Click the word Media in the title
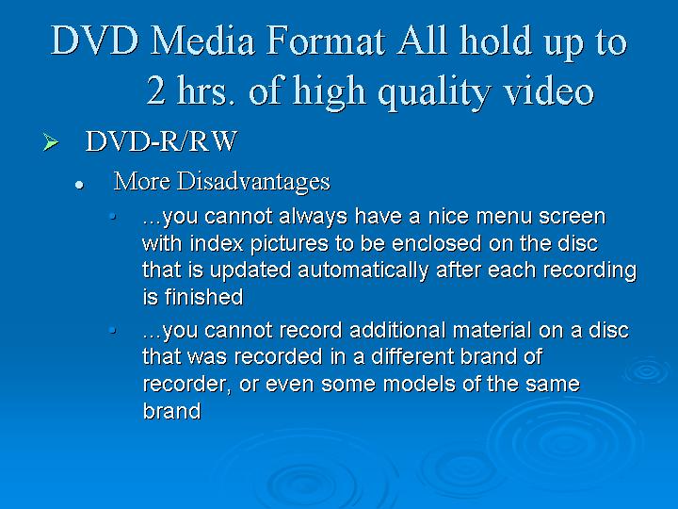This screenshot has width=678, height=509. pyautogui.click(x=202, y=41)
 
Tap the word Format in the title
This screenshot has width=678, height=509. pyautogui.click(x=325, y=41)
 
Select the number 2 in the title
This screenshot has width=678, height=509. pyautogui.click(x=155, y=90)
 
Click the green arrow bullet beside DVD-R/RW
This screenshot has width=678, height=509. pyautogui.click(x=51, y=142)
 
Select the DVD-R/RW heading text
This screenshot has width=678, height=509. pyautogui.click(x=161, y=141)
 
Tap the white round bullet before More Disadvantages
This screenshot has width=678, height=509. pyautogui.click(x=79, y=186)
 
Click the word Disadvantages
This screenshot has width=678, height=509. pyautogui.click(x=253, y=182)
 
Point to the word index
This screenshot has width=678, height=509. pyautogui.click(x=217, y=243)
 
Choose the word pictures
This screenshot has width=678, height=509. pyautogui.click(x=289, y=245)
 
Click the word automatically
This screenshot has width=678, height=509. pyautogui.click(x=363, y=271)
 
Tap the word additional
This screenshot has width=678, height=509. pyautogui.click(x=397, y=330)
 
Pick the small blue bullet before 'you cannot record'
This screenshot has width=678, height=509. pyautogui.click(x=112, y=331)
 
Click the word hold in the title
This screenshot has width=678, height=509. pyautogui.click(x=495, y=41)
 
